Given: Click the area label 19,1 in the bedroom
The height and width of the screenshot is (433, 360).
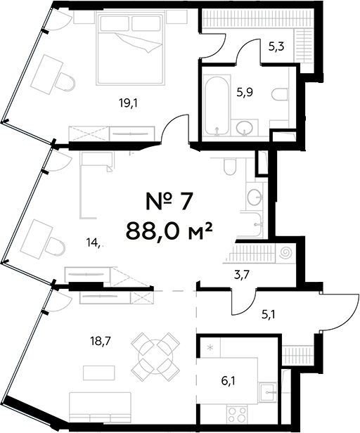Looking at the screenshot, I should pyautogui.click(x=127, y=102).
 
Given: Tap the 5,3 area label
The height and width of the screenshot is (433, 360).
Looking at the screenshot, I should pyautogui.click(x=276, y=49).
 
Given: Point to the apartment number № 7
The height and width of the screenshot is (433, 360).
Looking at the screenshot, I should pyautogui.click(x=168, y=202).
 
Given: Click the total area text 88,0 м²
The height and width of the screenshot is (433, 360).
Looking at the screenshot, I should pyautogui.click(x=169, y=230).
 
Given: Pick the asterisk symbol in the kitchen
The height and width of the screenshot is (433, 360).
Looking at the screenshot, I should pyautogui.click(x=210, y=347).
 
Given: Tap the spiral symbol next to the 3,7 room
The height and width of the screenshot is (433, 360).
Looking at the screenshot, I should pyautogui.click(x=286, y=251).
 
